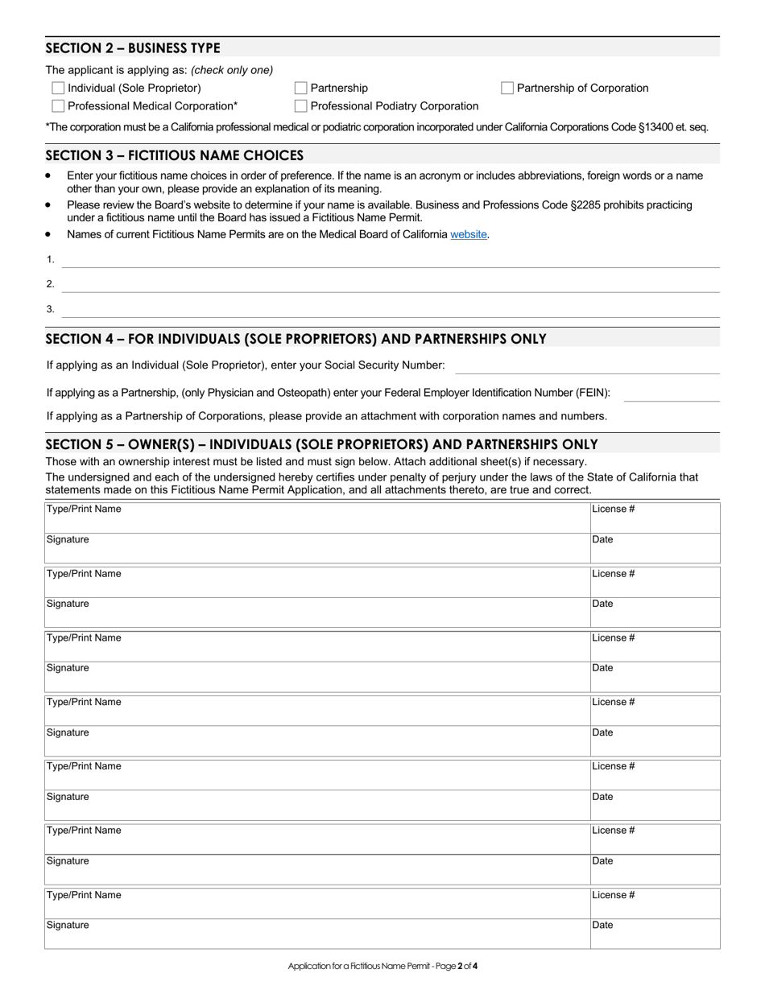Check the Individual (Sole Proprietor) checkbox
point(58,88)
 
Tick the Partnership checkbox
point(300,88)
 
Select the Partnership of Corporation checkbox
point(507,88)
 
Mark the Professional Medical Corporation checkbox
point(58,105)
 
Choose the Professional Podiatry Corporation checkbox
point(300,105)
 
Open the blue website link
point(469,234)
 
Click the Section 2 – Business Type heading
point(133,47)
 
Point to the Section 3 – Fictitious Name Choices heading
point(175,155)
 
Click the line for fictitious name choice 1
point(391,260)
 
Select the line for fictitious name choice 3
point(391,310)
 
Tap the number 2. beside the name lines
point(51,284)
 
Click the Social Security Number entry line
point(587,366)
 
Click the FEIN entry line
point(672,394)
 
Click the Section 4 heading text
point(296,339)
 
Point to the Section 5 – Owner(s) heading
point(321,444)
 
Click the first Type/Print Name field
point(317,518)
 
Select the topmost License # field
point(655,518)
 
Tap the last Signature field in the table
point(317,934)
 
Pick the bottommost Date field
point(655,934)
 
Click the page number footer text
point(382,966)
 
